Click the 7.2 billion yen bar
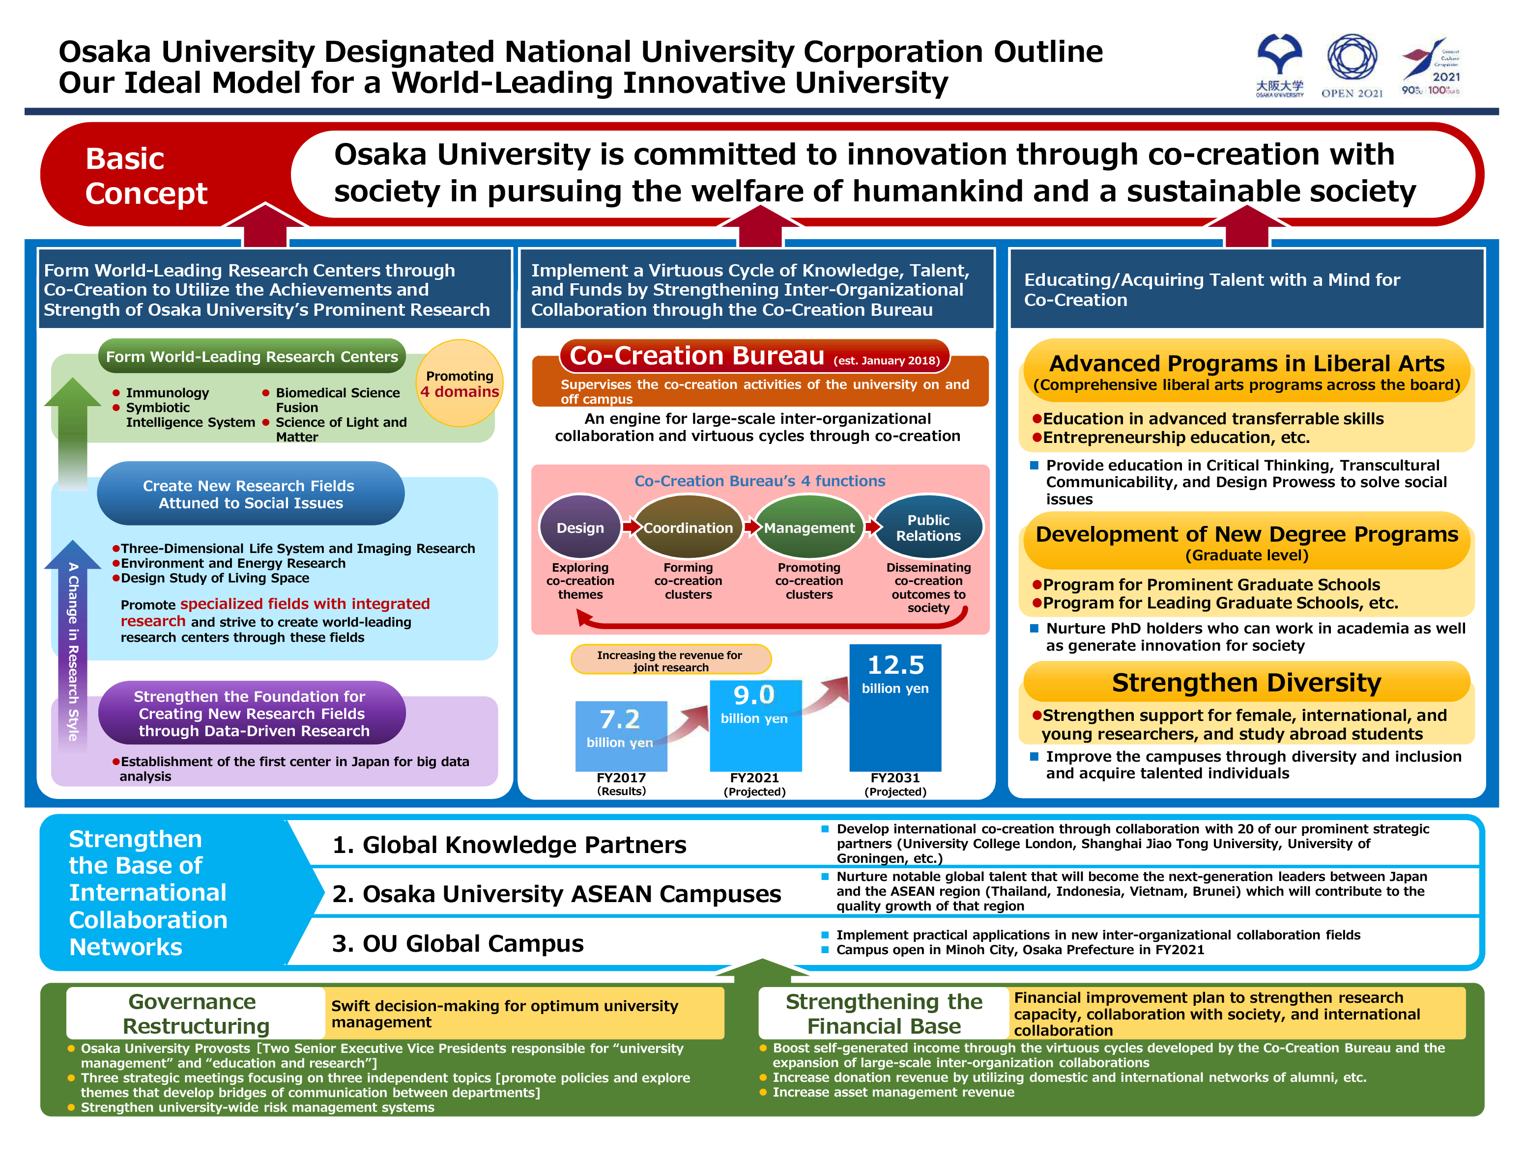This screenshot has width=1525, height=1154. tap(621, 735)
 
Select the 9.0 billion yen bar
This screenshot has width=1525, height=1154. tap(755, 725)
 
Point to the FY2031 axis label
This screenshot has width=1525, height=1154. tap(895, 778)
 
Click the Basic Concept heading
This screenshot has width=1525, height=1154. tap(146, 176)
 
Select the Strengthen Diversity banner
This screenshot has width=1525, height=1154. tap(1246, 682)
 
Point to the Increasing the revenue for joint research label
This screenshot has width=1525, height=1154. tap(670, 660)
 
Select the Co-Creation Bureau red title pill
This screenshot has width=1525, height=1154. tap(754, 356)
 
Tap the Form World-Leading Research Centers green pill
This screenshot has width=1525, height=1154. tap(252, 356)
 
